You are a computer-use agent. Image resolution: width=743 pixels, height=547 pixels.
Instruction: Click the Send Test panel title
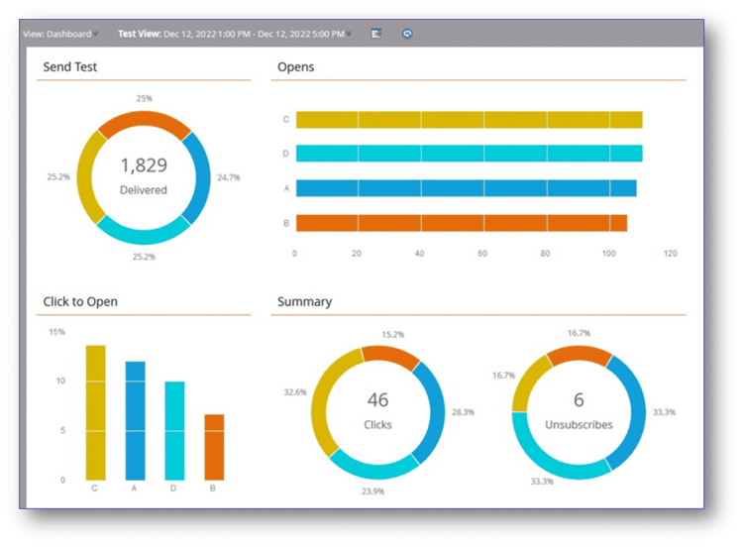pyautogui.click(x=70, y=67)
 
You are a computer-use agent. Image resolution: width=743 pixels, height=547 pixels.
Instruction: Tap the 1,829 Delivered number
pyautogui.click(x=144, y=165)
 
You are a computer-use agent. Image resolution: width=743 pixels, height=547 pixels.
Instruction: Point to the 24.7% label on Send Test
pyautogui.click(x=229, y=177)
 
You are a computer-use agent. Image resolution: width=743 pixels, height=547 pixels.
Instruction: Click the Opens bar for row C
pyautogui.click(x=469, y=120)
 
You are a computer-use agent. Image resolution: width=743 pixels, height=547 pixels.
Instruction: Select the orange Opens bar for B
pyautogui.click(x=461, y=223)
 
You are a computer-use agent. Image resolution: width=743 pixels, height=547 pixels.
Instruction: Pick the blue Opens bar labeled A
pyautogui.click(x=466, y=188)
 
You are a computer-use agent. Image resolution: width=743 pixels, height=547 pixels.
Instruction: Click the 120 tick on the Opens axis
pyautogui.click(x=670, y=254)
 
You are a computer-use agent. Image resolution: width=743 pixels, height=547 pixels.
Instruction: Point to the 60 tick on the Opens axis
pyautogui.click(x=482, y=254)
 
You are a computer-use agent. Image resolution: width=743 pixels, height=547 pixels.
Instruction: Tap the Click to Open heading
pyautogui.click(x=82, y=301)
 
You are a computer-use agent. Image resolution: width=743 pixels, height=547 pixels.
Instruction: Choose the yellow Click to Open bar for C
pyautogui.click(x=95, y=411)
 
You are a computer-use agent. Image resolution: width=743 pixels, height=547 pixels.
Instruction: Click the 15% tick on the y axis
pyautogui.click(x=57, y=332)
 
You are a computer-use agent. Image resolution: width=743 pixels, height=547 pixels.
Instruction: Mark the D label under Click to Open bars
pyautogui.click(x=174, y=488)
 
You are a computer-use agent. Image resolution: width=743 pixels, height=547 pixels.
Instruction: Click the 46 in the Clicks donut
pyautogui.click(x=377, y=400)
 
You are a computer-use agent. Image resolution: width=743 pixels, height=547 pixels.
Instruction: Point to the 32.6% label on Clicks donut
pyautogui.click(x=295, y=392)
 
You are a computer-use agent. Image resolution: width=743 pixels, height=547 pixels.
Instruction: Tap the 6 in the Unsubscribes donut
pyautogui.click(x=580, y=400)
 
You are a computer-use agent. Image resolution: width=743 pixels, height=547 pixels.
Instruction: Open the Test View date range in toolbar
pyautogui.click(x=233, y=34)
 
